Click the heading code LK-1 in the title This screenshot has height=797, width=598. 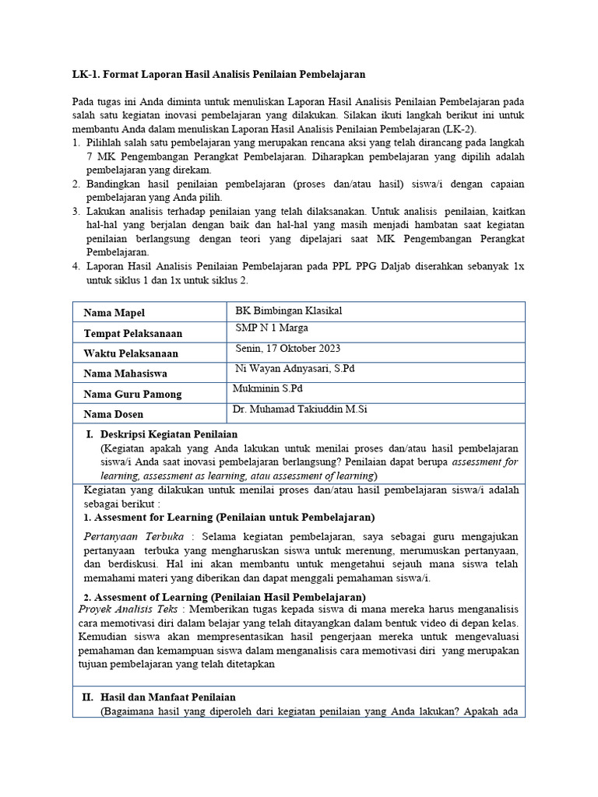(85, 74)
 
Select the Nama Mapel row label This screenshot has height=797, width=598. (114, 313)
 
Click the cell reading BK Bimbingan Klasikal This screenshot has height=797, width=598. (288, 311)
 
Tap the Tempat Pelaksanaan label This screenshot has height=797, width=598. (133, 333)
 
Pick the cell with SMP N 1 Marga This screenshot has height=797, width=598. (272, 328)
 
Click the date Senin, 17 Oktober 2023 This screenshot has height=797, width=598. (287, 348)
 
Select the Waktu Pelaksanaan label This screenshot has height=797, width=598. (131, 353)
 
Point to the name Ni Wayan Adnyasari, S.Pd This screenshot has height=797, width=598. (294, 368)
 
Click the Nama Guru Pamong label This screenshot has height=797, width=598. (132, 394)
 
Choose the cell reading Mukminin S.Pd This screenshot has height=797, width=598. (269, 388)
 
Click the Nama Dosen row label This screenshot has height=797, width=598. (114, 414)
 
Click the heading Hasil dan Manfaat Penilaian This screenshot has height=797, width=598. (168, 697)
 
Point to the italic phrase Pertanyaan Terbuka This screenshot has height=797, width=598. (133, 537)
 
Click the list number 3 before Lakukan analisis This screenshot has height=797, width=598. (76, 211)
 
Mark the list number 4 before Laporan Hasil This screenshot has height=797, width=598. (76, 266)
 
